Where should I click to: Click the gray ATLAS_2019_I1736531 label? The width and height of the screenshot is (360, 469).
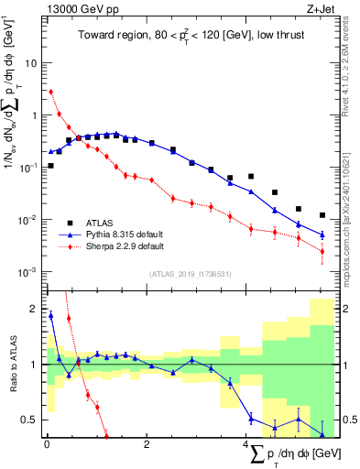pos(191,274)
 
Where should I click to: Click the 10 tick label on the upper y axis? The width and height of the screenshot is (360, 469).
pos(29,64)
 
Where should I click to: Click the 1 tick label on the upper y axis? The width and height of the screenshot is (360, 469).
pos(33,115)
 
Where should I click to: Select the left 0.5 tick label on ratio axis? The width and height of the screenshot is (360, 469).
pos(28,420)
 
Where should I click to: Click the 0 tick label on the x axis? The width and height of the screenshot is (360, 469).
pos(47,445)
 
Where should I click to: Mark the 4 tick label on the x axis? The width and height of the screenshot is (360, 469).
pos(245,445)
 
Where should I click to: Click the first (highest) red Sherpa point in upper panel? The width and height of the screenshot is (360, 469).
pos(50,92)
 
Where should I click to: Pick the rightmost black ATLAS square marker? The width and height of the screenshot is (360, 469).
pos(322,215)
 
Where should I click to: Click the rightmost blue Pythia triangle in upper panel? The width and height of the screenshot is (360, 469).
pos(322,234)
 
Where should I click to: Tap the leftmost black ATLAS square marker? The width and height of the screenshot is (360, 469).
pos(50,166)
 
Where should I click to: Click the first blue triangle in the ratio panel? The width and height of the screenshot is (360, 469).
pos(50,316)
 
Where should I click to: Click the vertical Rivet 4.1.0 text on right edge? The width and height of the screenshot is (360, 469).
pos(348,73)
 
